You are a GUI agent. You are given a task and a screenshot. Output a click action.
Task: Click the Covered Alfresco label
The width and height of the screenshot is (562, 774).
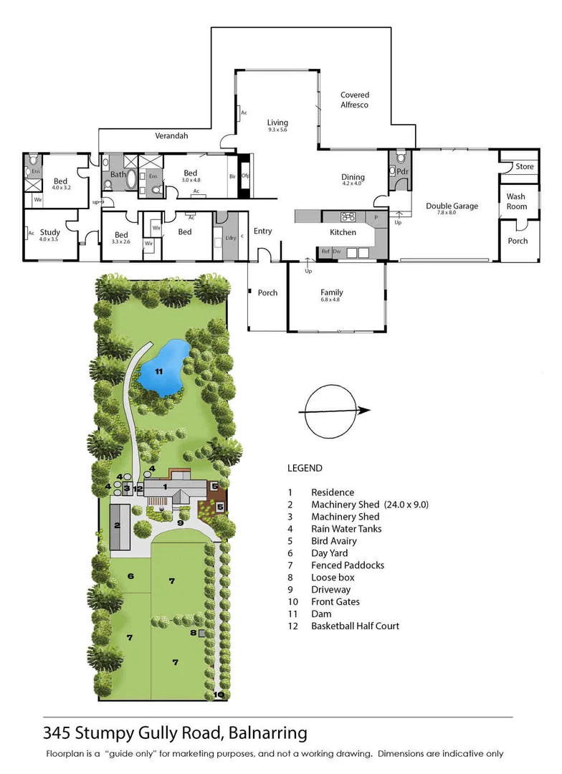[x=354, y=100]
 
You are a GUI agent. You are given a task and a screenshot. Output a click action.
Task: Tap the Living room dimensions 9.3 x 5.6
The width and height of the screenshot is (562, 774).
[x=277, y=130]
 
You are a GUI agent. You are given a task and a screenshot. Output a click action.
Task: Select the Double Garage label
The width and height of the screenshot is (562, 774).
[x=452, y=206]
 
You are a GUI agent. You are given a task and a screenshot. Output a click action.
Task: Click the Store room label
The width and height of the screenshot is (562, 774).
[x=525, y=166]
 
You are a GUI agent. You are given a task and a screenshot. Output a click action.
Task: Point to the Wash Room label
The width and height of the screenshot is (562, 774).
[x=516, y=201]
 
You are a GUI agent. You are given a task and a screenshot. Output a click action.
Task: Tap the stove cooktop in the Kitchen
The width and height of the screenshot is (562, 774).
[x=349, y=216]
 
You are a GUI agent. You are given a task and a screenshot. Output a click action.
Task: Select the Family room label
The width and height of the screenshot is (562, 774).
[x=331, y=292]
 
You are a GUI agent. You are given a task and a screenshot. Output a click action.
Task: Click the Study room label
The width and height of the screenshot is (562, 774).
[x=50, y=232]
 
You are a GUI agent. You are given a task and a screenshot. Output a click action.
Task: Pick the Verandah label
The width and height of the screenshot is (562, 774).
[x=171, y=135]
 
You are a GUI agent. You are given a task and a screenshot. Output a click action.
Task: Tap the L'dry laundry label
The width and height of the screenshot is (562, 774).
[x=230, y=238]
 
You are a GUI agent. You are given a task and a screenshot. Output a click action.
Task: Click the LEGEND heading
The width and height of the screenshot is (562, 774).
[x=305, y=468]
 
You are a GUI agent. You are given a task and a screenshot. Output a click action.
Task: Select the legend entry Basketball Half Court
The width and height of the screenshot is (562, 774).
[x=355, y=626]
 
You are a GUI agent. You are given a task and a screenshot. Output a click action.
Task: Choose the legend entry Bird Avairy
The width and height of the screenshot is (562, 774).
[x=333, y=541]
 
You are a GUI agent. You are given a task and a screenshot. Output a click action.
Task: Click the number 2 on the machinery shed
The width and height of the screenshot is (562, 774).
[x=116, y=525]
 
